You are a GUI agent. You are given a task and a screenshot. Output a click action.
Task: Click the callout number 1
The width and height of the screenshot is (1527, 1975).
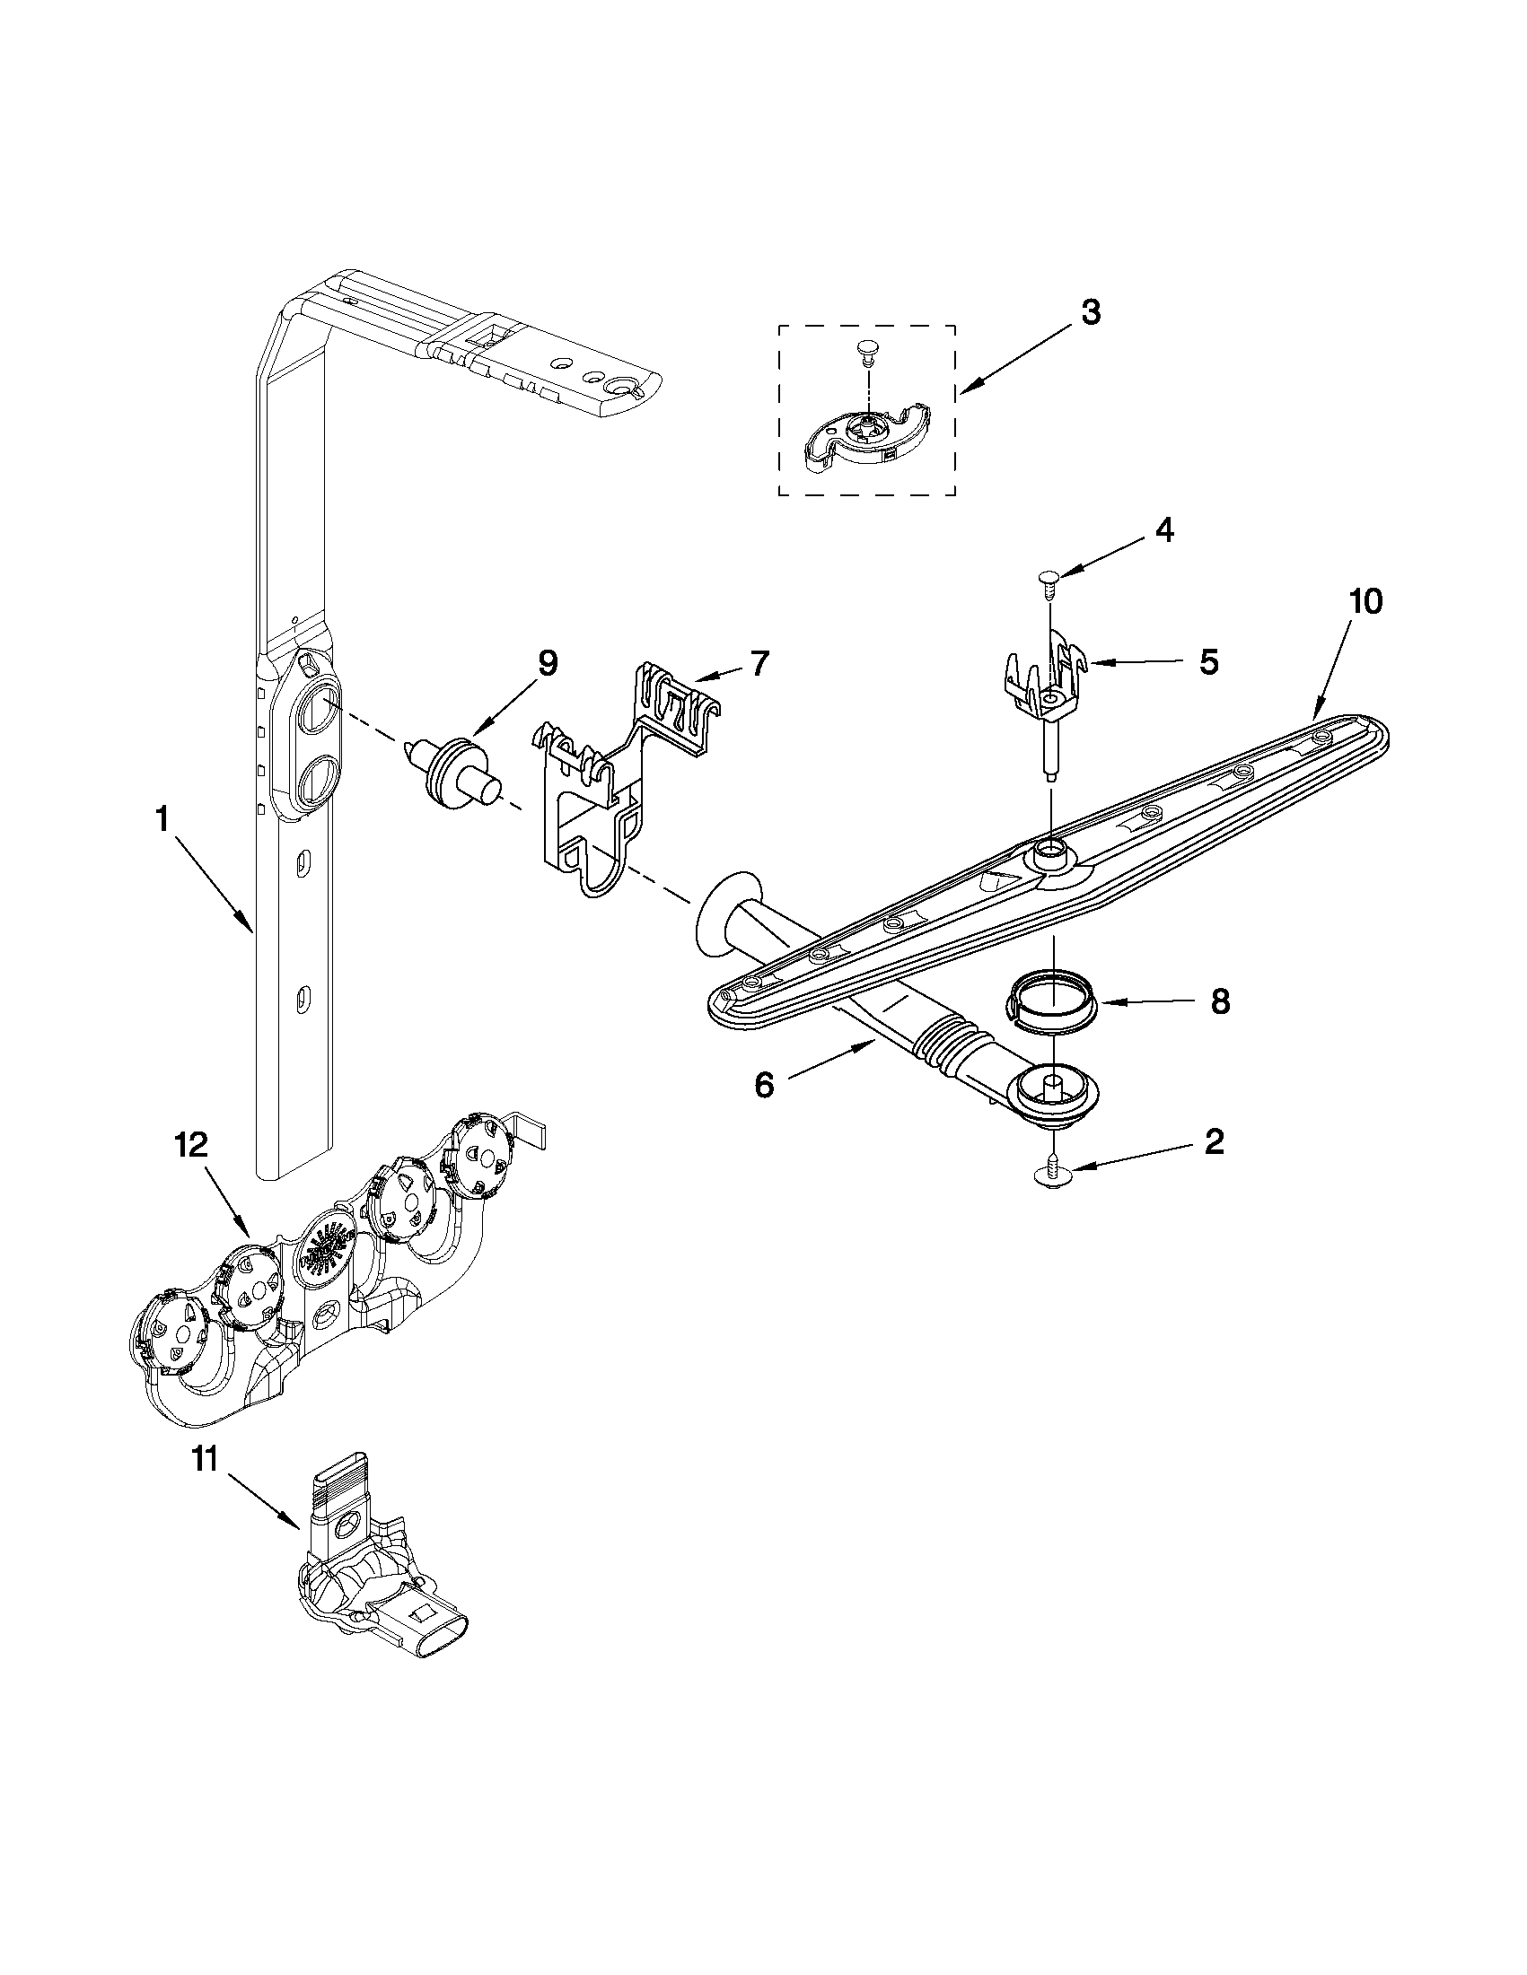[162, 820]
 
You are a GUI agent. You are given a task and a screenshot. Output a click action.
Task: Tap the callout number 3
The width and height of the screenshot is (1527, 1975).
[1091, 313]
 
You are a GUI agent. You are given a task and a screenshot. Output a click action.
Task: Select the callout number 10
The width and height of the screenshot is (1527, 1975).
[1366, 602]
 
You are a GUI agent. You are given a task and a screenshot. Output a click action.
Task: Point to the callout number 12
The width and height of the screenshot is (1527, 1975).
[191, 1146]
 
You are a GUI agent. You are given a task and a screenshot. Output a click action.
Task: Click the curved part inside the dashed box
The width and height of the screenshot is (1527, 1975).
[864, 433]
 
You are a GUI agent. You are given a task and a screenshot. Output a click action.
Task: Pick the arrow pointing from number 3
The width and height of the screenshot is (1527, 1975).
[1014, 361]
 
